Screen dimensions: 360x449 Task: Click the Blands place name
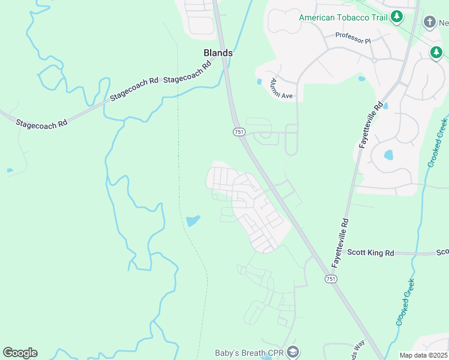pos(218,53)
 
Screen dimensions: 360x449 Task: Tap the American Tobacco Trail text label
pos(343,17)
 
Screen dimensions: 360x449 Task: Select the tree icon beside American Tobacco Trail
pos(396,17)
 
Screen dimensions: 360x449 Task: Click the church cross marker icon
pos(429,23)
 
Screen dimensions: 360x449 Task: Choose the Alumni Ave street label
pos(281,88)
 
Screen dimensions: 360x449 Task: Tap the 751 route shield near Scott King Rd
pos(331,279)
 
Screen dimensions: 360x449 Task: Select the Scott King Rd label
pos(372,253)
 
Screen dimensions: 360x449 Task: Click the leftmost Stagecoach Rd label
pos(41,124)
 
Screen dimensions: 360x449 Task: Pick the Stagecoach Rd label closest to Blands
pos(188,71)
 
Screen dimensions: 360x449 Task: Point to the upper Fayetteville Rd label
pos(371,125)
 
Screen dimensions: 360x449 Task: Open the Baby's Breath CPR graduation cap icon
pos(292,352)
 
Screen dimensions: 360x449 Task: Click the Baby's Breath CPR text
pos(249,353)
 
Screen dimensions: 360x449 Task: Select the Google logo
pos(20,353)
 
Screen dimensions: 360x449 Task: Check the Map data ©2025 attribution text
pos(423,355)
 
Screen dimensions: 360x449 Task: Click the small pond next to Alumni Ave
pos(259,82)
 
